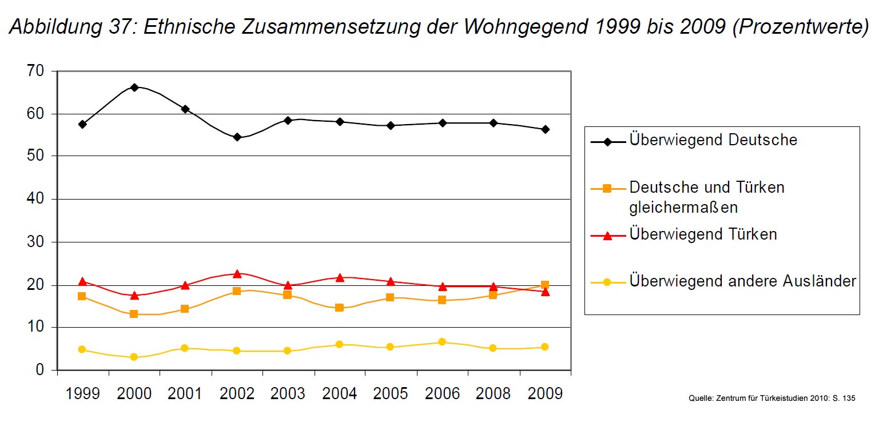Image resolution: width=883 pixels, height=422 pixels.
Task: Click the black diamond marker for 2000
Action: (x=134, y=87)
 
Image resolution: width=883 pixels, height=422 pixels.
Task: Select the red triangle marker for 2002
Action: (x=237, y=274)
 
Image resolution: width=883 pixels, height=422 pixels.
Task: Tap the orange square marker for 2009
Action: (x=545, y=285)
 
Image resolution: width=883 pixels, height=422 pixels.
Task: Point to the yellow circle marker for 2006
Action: (x=442, y=342)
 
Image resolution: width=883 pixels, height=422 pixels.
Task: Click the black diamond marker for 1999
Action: (x=82, y=124)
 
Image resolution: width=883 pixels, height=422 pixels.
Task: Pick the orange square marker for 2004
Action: (x=339, y=308)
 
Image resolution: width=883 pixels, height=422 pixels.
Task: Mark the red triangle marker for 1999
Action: (x=82, y=281)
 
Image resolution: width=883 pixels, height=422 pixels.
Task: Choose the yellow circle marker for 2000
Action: (x=134, y=357)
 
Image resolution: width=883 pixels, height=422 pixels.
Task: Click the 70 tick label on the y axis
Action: (x=35, y=71)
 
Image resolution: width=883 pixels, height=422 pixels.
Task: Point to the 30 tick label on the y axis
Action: (x=35, y=242)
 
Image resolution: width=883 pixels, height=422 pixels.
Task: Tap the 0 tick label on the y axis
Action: (x=39, y=370)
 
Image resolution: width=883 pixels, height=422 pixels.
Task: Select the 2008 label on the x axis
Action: (x=493, y=393)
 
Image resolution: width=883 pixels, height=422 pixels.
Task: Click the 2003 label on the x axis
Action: (x=288, y=393)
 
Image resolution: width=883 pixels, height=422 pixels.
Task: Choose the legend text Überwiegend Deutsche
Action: (x=713, y=140)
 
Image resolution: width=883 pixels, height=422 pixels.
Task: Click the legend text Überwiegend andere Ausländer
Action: (x=742, y=281)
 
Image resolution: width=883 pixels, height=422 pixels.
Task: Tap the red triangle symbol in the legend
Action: (x=607, y=235)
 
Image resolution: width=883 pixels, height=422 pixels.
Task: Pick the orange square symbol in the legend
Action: (x=607, y=188)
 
